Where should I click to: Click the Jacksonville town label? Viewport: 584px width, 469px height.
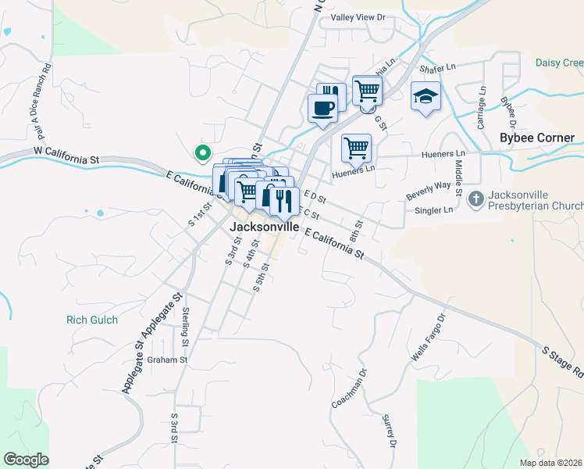265,227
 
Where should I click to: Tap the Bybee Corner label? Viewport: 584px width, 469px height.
537,138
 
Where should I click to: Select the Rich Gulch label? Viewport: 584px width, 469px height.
92,320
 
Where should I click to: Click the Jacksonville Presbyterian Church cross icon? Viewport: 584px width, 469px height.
476,199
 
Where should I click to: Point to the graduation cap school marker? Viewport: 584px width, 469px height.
426,96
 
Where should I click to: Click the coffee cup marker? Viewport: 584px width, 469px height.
322,109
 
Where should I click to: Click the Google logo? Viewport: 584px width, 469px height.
26,460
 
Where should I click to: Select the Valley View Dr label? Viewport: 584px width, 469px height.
358,17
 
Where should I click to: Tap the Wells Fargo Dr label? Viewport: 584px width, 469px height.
428,337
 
